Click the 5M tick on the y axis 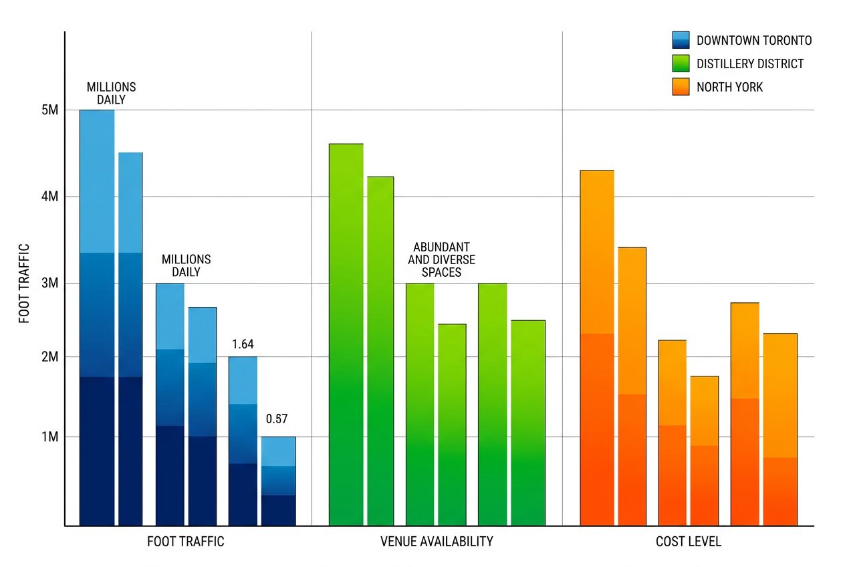click(50, 110)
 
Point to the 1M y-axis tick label click(50, 437)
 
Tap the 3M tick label click(50, 283)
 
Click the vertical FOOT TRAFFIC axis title click(25, 283)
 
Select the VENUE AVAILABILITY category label click(437, 542)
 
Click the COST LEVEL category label click(688, 542)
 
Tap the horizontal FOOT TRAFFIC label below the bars click(185, 542)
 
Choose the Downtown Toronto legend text click(753, 41)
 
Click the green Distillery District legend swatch click(681, 64)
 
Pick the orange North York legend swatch click(681, 87)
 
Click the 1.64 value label click(243, 344)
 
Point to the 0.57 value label click(277, 419)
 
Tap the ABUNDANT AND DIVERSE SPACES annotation click(439, 260)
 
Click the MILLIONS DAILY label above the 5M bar click(111, 94)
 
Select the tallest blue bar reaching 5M click(97, 318)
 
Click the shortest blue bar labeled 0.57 click(278, 481)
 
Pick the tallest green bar click(346, 334)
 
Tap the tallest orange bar click(596, 348)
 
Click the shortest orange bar click(704, 451)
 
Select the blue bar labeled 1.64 click(243, 441)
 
